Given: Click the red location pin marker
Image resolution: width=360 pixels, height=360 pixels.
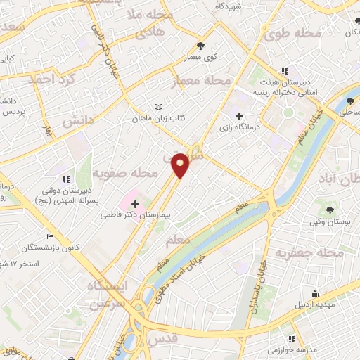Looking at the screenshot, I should (181, 164).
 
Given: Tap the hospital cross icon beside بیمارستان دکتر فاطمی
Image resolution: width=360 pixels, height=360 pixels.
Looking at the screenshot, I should (136, 204).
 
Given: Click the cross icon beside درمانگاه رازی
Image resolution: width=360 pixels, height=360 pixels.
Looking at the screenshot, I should (240, 116).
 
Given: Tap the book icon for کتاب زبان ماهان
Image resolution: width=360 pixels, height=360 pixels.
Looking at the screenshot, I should (159, 108).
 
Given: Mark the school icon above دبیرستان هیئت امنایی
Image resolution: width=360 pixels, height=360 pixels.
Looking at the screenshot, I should (285, 71).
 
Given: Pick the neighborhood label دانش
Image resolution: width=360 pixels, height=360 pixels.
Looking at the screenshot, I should (78, 121).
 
